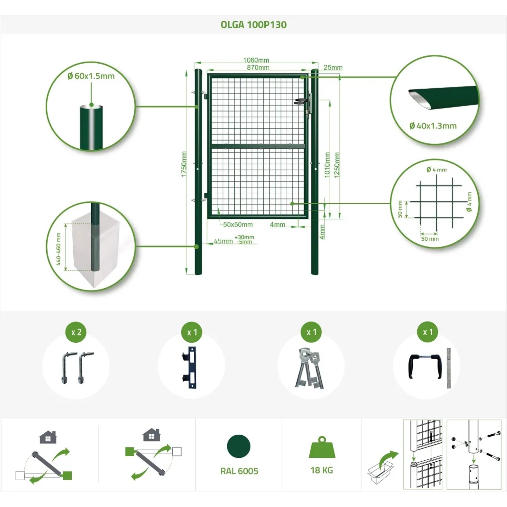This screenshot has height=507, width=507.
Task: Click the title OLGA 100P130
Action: [x=254, y=25]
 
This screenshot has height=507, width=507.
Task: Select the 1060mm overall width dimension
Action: [x=256, y=60]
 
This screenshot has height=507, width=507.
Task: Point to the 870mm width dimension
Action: [x=258, y=67]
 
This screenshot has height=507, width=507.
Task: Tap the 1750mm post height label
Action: [x=184, y=164]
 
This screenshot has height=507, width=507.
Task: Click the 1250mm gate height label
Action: [x=337, y=165]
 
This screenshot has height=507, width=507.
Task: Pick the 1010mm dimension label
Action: [x=327, y=165]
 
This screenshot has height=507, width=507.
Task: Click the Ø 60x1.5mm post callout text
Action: [x=91, y=76]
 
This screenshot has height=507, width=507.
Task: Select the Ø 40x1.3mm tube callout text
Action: [x=433, y=126]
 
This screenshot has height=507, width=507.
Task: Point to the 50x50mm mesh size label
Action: [x=238, y=224]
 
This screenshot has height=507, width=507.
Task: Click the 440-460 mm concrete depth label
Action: [x=58, y=249]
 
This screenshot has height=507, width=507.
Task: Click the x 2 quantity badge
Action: [x=76, y=332]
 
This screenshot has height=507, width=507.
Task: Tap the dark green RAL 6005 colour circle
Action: [x=239, y=446]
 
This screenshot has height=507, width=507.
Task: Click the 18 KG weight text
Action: [x=322, y=470]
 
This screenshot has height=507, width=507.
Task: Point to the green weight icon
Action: [x=322, y=447]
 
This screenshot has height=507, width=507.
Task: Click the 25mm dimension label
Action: [x=333, y=67]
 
